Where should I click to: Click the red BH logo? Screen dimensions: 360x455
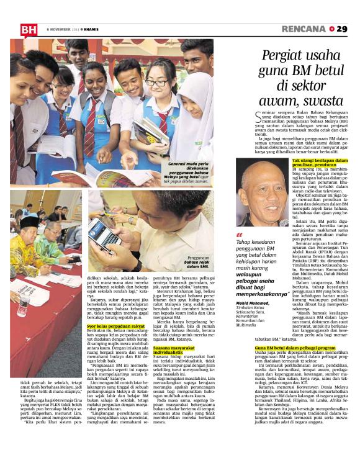click(x=29, y=29)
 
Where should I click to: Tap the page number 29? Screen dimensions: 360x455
click(x=341, y=29)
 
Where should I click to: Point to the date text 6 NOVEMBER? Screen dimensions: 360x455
click(x=60, y=29)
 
